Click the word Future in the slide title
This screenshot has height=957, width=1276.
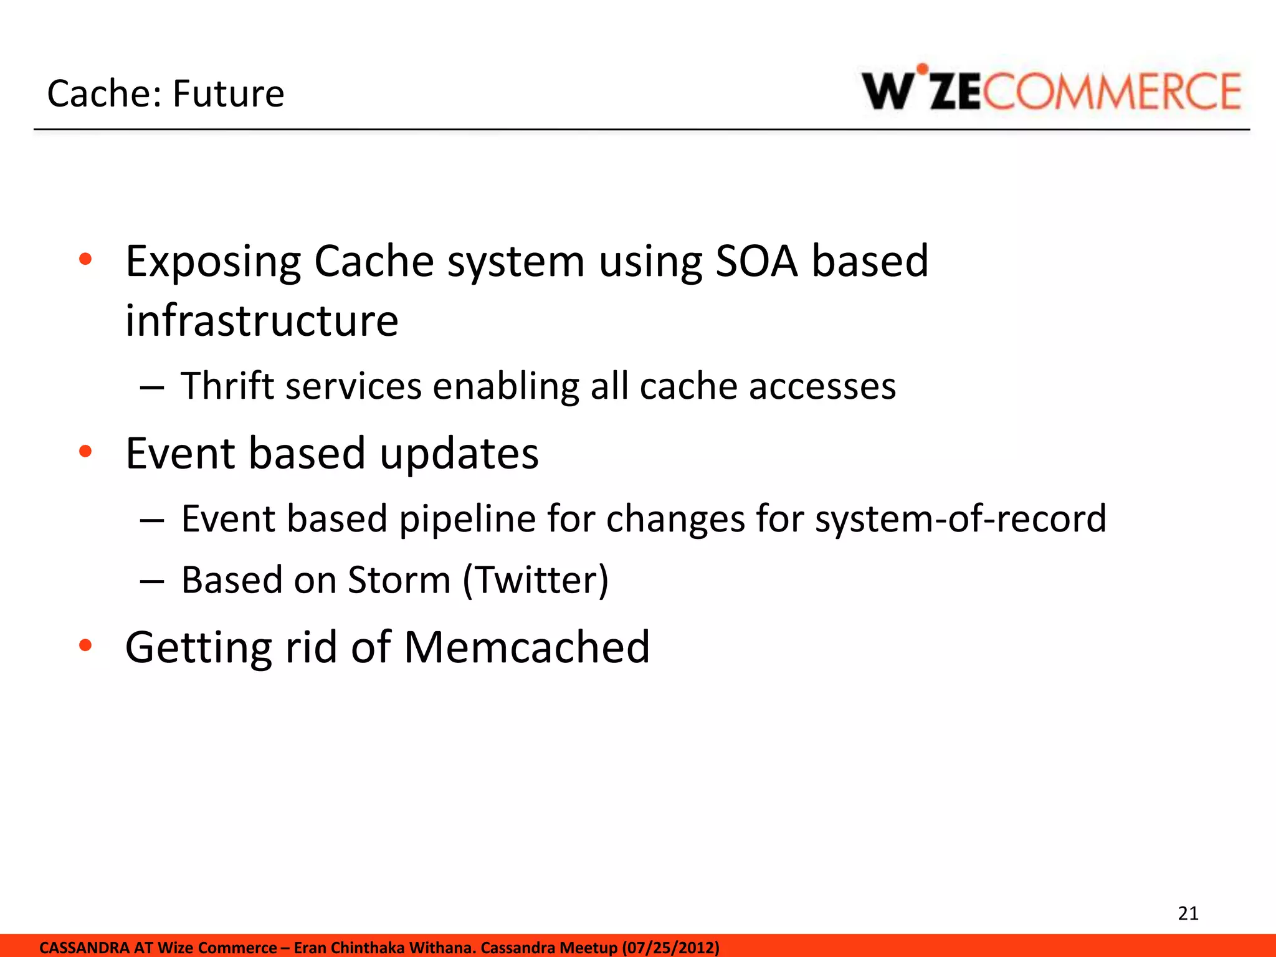228,94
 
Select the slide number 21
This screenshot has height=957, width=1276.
1188,913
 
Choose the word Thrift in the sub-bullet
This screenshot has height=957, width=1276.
227,386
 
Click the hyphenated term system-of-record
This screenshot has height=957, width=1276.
960,518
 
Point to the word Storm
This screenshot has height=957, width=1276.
399,580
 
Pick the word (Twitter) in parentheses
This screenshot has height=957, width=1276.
535,580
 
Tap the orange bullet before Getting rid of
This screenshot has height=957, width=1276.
85,645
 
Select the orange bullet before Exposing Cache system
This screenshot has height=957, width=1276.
85,259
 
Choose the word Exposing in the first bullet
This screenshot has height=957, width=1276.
213,262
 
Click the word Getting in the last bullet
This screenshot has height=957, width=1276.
198,648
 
